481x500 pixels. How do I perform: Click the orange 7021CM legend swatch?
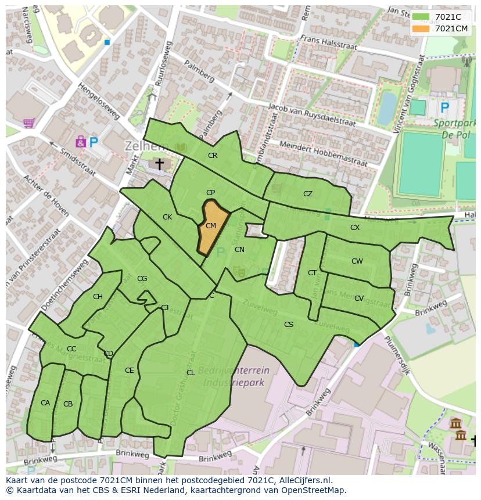(x=421, y=28)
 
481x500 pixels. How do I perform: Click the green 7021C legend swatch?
(x=421, y=17)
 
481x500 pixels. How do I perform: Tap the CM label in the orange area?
(x=211, y=226)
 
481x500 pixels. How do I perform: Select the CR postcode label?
(x=213, y=156)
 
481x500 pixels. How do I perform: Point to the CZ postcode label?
(x=308, y=194)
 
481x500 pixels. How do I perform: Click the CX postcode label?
(x=355, y=228)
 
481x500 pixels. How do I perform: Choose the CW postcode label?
(x=357, y=261)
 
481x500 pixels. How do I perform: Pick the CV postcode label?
(x=359, y=298)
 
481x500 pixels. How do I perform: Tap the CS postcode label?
(x=289, y=325)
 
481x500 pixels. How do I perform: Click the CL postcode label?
(x=191, y=373)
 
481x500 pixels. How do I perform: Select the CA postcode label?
(x=45, y=403)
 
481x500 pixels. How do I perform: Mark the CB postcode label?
(x=68, y=404)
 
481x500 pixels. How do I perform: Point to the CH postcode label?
(x=98, y=297)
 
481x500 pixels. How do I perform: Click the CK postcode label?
(x=167, y=217)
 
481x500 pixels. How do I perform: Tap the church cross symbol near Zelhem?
(x=159, y=165)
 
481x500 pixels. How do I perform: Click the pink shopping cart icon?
(x=28, y=123)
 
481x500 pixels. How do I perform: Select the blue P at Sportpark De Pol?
(x=445, y=107)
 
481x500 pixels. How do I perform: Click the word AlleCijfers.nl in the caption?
(x=304, y=480)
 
